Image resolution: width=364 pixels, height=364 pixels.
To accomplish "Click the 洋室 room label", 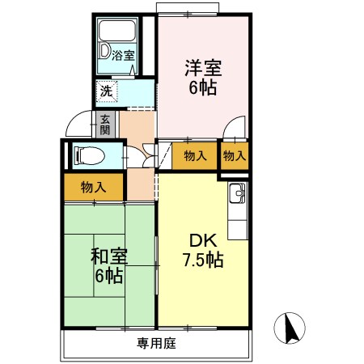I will coord(204,69).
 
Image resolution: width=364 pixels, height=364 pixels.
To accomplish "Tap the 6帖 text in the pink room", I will coord(204,87).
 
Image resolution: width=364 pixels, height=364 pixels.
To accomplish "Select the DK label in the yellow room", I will coord(201,240).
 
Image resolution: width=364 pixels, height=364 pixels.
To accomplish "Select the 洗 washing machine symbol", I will coord(107,91).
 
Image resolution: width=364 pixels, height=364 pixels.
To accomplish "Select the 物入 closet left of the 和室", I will coord(93,187).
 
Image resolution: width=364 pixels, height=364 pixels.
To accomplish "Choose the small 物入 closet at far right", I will coord(234,155).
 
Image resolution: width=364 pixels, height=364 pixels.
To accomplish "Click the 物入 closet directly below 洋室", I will coord(194,155).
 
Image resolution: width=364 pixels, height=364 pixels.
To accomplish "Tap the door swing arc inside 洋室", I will coord(234,127).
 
